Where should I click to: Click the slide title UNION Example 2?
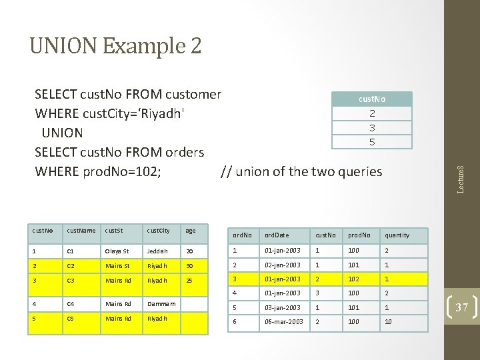[x=115, y=46]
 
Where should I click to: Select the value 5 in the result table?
[x=372, y=142]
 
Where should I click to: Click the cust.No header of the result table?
[x=372, y=99]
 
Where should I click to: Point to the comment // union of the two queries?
[x=301, y=171]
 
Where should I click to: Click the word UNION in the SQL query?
[x=62, y=133]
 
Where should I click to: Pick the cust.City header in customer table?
[x=158, y=231]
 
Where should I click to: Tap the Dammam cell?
[x=161, y=303]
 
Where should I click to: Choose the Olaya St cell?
[x=117, y=251]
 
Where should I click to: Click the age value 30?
[x=189, y=265]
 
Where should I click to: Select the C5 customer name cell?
[x=71, y=318]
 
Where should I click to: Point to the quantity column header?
[x=397, y=235]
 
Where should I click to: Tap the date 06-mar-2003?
[x=283, y=321]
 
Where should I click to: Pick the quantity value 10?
[x=389, y=321]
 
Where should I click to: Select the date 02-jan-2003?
[x=283, y=265]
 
